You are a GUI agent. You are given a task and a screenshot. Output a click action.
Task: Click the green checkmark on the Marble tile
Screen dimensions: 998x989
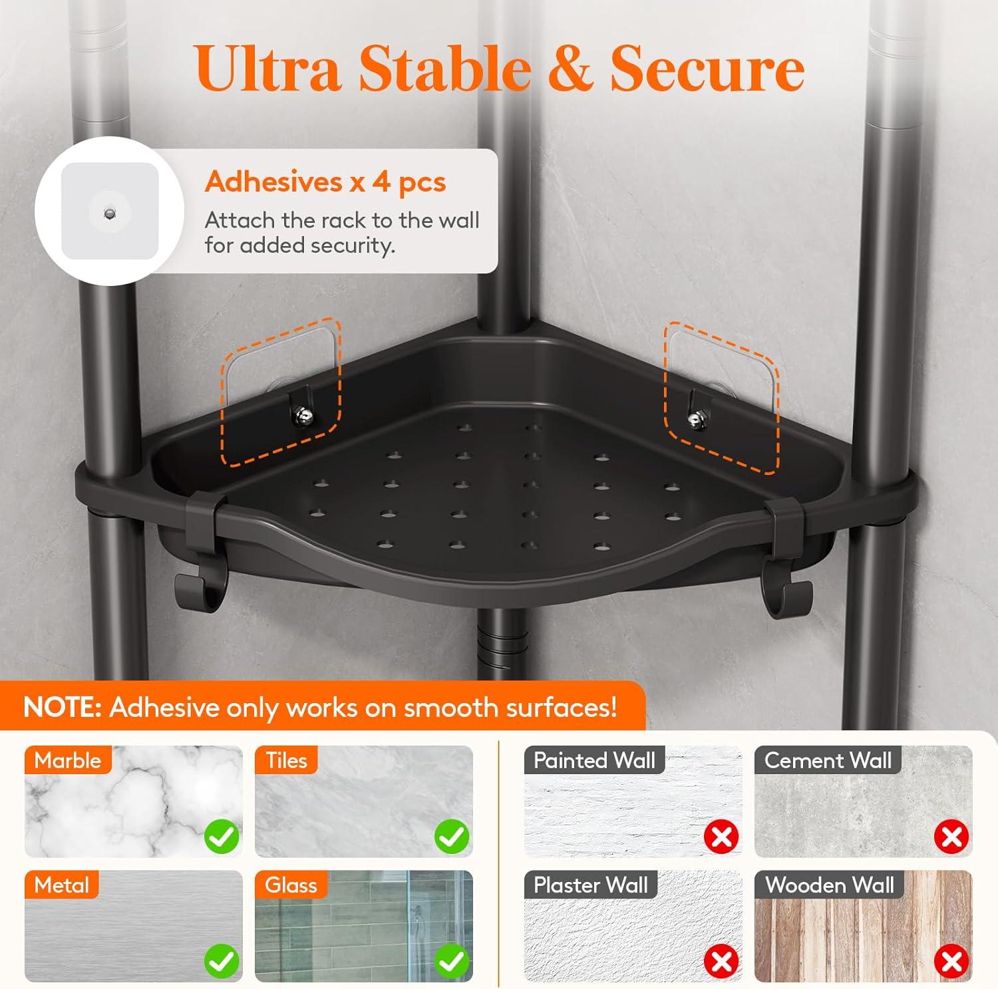[x=222, y=837]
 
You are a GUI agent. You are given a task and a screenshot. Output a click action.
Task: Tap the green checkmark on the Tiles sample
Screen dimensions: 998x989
[x=452, y=837]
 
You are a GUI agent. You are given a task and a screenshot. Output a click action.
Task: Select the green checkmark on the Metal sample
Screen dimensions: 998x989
[x=222, y=961]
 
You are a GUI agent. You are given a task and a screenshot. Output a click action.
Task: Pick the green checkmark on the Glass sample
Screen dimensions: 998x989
[x=452, y=961]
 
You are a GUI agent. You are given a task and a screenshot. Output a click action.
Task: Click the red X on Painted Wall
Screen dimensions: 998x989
[x=722, y=837]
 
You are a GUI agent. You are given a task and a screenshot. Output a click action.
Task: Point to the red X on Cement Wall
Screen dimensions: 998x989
[x=952, y=837]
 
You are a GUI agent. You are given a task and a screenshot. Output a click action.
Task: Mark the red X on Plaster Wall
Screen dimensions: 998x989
[x=722, y=961]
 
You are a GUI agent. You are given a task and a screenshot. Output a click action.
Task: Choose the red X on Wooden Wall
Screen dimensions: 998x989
[x=952, y=961]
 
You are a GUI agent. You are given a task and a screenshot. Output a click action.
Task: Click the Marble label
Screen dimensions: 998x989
[x=67, y=760]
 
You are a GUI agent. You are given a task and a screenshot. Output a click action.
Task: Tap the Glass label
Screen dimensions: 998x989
[x=291, y=885]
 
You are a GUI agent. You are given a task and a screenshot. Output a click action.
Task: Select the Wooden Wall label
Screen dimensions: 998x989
[x=830, y=885]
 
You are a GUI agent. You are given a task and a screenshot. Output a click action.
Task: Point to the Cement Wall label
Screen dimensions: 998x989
[x=828, y=760]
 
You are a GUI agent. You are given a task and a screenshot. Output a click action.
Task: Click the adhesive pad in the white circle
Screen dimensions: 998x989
[x=110, y=212]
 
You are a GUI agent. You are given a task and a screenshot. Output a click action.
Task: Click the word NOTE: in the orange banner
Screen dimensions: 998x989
[x=62, y=707]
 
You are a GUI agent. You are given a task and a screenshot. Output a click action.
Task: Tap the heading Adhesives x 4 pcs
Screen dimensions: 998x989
[x=325, y=182]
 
